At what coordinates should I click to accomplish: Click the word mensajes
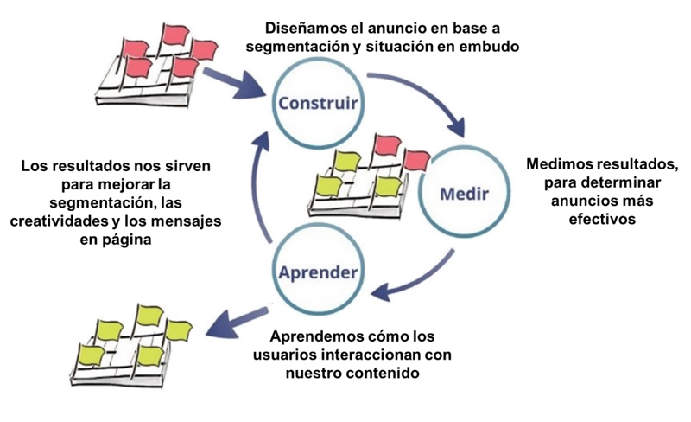tap(190, 222)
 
